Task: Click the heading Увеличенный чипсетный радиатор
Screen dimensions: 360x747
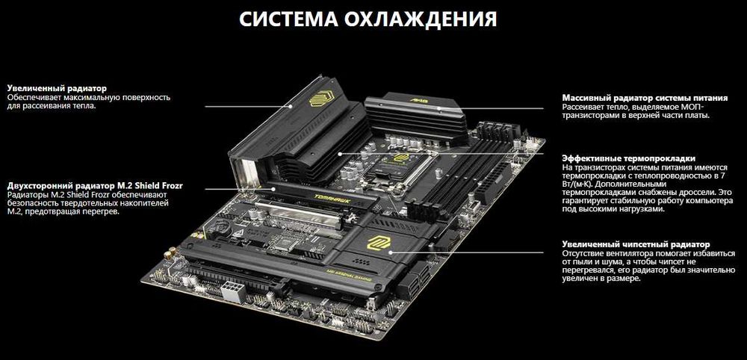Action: [636, 244]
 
